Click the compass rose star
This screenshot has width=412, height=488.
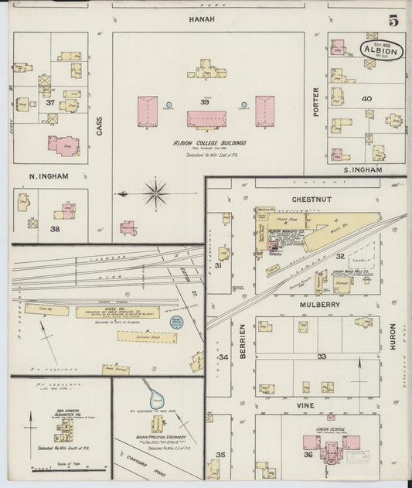pyautogui.click(x=155, y=192)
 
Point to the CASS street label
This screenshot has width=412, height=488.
pyautogui.click(x=100, y=126)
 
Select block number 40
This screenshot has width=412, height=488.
pyautogui.click(x=366, y=98)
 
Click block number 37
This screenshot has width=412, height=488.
pyautogui.click(x=50, y=103)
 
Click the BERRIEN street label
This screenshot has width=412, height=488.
pyautogui.click(x=242, y=337)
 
